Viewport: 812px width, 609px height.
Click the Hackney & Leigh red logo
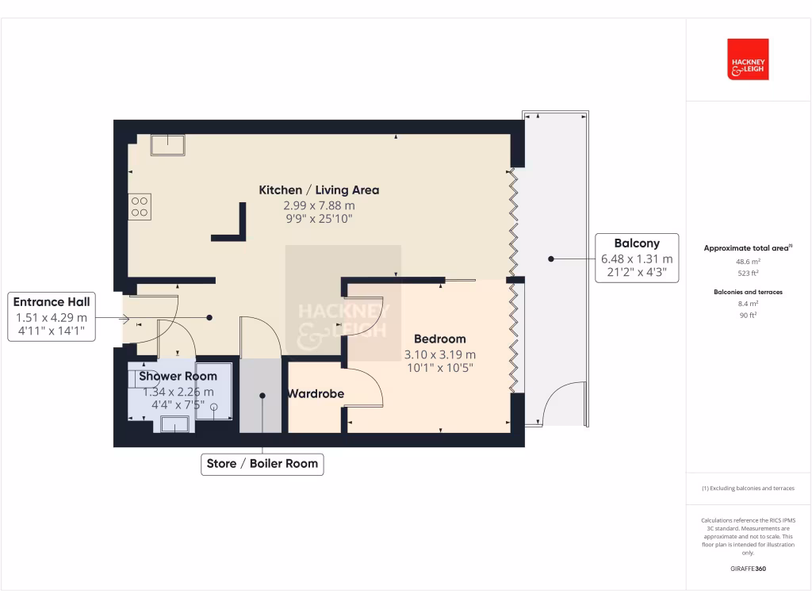click(x=748, y=59)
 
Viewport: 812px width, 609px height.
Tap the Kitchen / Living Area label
click(x=319, y=190)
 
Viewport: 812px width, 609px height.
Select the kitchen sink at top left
click(x=169, y=144)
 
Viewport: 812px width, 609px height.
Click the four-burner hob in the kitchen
click(x=140, y=207)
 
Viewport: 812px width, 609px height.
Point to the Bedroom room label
click(x=439, y=339)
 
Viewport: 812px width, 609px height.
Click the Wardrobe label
click(x=315, y=393)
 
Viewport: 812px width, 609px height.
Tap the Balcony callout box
click(x=636, y=259)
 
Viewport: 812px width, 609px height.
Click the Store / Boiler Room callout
click(x=262, y=464)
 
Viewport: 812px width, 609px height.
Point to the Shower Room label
click(x=178, y=376)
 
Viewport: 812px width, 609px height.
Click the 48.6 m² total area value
click(x=748, y=261)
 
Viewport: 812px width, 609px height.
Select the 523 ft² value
click(x=748, y=273)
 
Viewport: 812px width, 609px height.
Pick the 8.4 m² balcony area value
click(x=748, y=304)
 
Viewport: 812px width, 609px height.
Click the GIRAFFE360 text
click(x=748, y=569)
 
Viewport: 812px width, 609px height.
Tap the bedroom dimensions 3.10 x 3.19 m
click(x=439, y=354)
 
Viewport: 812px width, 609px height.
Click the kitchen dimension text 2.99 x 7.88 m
click(x=319, y=206)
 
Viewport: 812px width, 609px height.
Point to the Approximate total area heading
click(x=746, y=248)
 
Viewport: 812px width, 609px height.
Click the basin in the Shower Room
click(x=174, y=424)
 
